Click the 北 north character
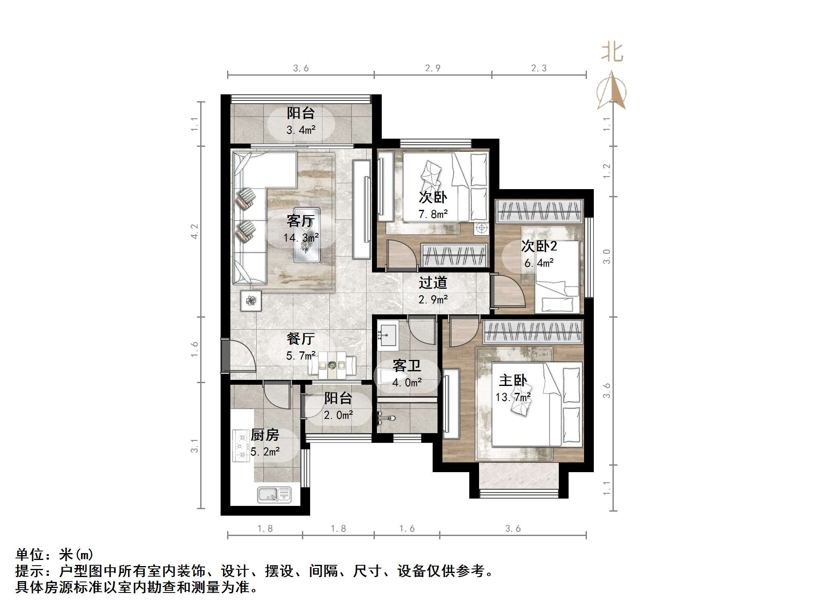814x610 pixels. pos(612,53)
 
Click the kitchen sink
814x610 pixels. pos(274,495)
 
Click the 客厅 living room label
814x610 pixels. pos(300,221)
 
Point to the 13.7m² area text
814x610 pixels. pos(513,397)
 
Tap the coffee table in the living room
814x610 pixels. pos(307,235)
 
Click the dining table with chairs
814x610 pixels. pos(332,365)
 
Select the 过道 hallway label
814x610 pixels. pos(433,282)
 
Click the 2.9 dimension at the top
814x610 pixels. pos(433,68)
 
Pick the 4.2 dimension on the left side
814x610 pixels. pos(195,231)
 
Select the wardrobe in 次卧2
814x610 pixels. pos(539,211)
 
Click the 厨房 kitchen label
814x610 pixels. pos(265,435)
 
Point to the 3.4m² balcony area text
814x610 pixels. pos(301,130)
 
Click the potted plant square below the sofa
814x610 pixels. pos(250,301)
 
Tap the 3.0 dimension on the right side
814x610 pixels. pos(606,257)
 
